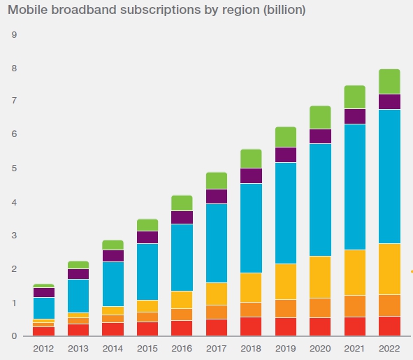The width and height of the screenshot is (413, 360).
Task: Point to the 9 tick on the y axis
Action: (x=14, y=35)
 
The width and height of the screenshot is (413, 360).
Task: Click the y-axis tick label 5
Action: (x=14, y=169)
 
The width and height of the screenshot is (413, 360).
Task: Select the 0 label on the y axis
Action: (x=14, y=336)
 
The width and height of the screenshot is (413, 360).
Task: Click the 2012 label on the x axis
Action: (x=43, y=349)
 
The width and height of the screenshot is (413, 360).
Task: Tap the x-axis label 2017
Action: (x=216, y=349)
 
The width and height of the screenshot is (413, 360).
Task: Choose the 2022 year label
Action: (x=389, y=349)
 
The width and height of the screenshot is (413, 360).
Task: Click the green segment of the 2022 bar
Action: (x=389, y=82)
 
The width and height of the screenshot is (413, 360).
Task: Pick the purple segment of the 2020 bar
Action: (x=319, y=136)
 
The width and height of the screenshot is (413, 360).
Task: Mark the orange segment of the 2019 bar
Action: (x=285, y=309)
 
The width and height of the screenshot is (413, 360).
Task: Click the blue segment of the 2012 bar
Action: (x=43, y=308)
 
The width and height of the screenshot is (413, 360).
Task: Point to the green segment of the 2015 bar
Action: (x=147, y=224)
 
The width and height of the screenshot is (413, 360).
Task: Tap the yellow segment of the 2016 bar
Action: (x=182, y=300)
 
